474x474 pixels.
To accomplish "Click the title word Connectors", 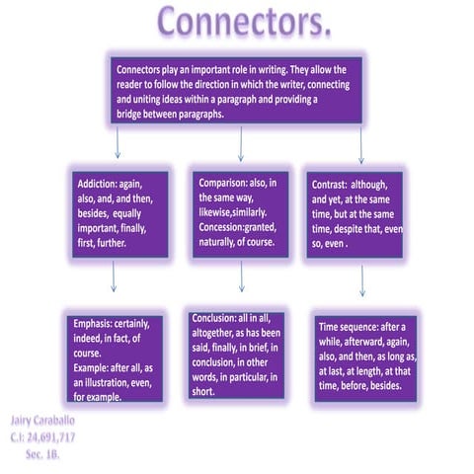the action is [244, 21].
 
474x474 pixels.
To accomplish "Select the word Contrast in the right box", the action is [329, 185].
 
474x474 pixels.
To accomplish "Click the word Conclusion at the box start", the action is [214, 318].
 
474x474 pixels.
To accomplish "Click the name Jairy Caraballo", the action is [42, 421].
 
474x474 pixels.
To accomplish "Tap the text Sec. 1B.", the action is [42, 454].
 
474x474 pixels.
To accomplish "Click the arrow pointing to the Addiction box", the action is [118, 142].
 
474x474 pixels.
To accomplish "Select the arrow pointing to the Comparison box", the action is [241, 144].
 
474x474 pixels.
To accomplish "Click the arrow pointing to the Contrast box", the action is [361, 145].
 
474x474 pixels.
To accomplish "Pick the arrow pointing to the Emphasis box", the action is [114, 276].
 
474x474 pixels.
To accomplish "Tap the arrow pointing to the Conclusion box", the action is [242, 276].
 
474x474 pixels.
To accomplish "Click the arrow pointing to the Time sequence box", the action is [362, 280].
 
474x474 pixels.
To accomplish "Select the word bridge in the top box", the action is [128, 115].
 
